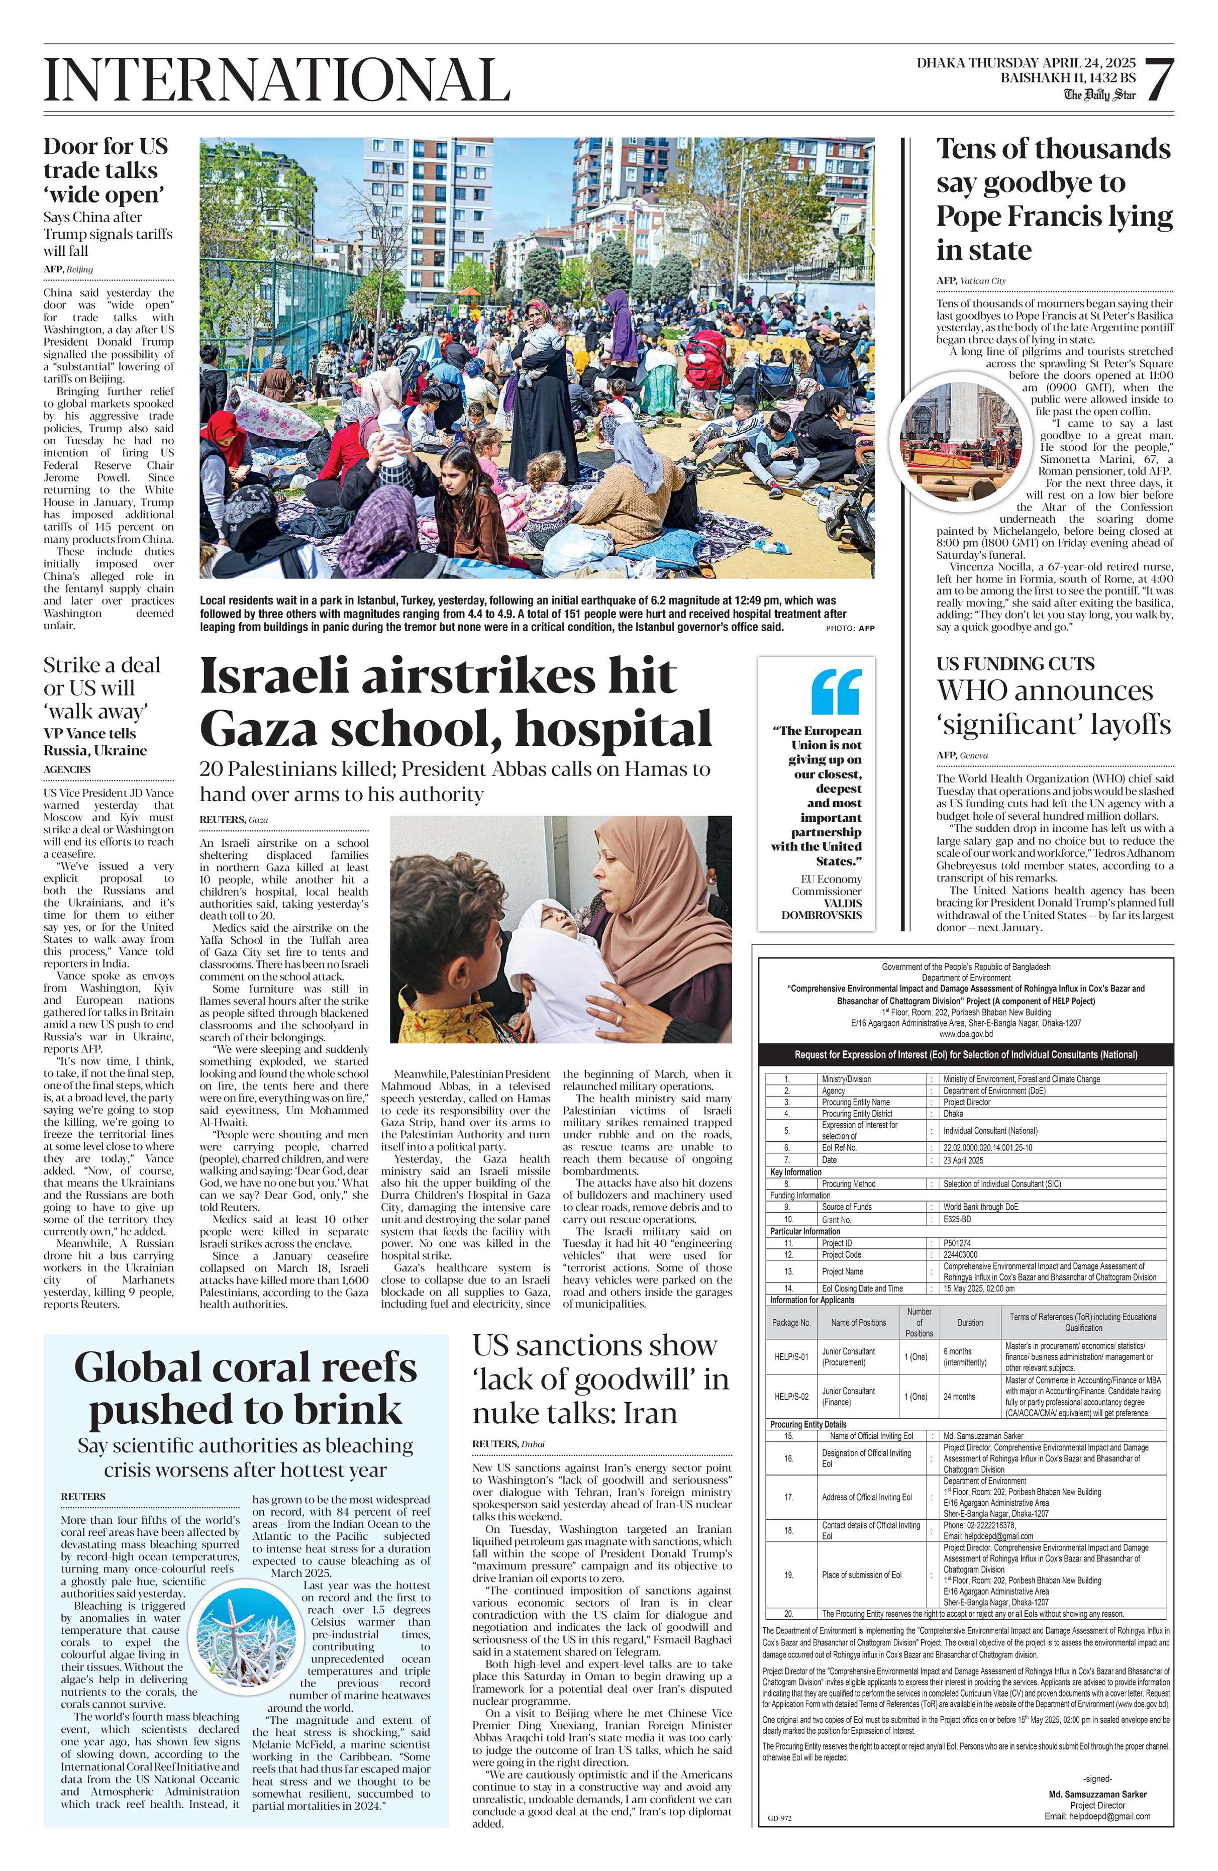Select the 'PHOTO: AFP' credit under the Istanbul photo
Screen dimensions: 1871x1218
pyautogui.click(x=850, y=628)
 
